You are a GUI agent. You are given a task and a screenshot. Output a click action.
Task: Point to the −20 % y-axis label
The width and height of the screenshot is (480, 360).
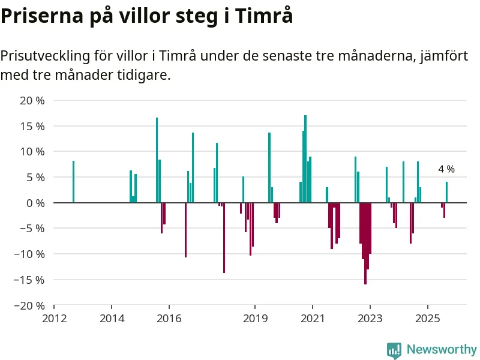(x=28, y=305)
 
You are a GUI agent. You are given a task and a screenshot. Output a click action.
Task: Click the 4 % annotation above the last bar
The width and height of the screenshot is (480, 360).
(x=446, y=169)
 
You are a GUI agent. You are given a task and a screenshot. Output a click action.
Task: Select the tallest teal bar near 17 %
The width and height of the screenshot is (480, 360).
(x=305, y=159)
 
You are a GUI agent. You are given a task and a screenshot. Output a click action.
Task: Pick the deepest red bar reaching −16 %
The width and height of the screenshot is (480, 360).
(x=365, y=243)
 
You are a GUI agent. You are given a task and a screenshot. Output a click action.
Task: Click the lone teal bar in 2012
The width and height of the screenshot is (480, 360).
(x=73, y=182)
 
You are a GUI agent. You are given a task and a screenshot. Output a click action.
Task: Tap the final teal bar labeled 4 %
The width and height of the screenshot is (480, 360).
(x=446, y=192)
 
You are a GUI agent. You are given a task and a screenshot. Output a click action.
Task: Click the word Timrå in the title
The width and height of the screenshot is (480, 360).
(x=265, y=16)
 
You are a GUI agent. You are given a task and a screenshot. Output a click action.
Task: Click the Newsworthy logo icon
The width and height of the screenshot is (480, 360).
(x=394, y=350)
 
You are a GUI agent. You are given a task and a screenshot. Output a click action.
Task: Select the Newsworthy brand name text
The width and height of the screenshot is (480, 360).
(x=442, y=350)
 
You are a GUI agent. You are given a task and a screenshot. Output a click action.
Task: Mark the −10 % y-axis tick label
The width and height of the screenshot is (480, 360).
(x=28, y=254)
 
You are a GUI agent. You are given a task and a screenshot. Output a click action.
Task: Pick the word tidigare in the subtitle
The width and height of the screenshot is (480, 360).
(x=143, y=76)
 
